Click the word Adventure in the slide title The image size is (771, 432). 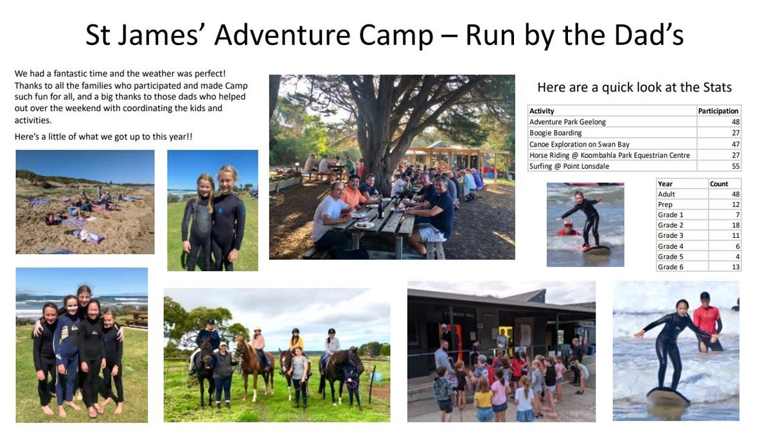click(282, 35)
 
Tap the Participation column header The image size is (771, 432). click(718, 111)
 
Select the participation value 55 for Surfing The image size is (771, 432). click(736, 166)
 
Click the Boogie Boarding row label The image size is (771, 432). click(555, 133)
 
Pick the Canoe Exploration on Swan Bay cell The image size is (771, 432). click(580, 144)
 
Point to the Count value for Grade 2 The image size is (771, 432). click(736, 225)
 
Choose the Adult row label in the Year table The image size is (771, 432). click(666, 194)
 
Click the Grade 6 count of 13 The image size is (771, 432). click(736, 267)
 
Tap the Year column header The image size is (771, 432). click(665, 184)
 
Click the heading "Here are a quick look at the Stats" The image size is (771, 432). click(634, 87)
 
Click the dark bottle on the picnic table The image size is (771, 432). click(380, 209)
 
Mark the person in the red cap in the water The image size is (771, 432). click(568, 228)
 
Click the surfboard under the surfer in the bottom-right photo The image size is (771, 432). click(668, 396)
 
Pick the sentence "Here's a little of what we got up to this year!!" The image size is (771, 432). click(103, 137)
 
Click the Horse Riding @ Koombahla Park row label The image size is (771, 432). click(609, 155)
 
